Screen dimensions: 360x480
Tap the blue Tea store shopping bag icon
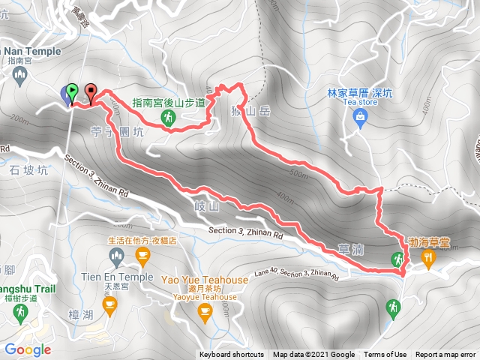tap(360, 116)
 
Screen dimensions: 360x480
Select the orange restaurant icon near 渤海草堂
tap(428, 259)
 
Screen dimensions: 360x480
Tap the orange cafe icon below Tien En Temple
tap(110, 303)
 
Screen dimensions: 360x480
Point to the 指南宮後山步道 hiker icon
tap(170, 117)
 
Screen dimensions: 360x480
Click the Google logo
tap(27, 349)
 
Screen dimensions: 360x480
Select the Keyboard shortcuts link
tap(232, 355)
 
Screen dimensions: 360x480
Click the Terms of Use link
tap(385, 355)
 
